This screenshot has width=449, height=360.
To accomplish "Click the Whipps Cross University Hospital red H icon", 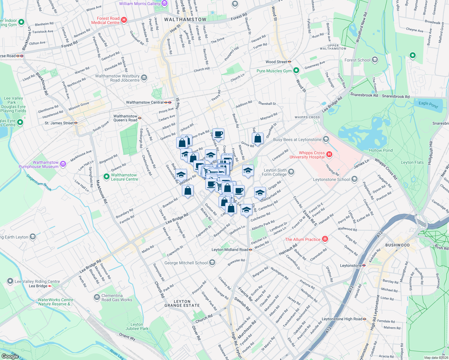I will [x=329, y=154].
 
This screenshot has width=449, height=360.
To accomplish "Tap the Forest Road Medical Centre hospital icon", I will [x=124, y=20].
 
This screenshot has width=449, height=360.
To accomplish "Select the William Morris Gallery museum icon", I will [x=164, y=4].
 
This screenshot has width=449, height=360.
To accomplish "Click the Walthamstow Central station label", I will [x=145, y=102].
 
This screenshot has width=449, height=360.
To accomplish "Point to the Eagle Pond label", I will [x=428, y=104].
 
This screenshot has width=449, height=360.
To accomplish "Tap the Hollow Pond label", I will [x=381, y=150].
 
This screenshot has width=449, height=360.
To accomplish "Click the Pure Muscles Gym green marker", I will [x=296, y=70].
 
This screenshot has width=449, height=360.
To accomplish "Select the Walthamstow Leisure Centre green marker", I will [x=106, y=176].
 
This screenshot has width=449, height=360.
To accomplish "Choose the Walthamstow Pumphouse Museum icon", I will [x=63, y=164].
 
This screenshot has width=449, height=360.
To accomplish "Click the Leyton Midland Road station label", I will [x=230, y=250].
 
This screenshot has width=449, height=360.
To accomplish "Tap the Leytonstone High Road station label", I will [x=342, y=319].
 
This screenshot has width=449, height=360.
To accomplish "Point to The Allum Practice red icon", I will [x=325, y=239].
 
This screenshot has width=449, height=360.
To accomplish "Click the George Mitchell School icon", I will [x=212, y=263].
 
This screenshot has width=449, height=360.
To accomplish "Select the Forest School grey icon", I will [x=375, y=60].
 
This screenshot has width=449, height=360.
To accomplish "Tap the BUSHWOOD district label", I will [x=397, y=245].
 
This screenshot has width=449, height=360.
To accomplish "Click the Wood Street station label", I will [x=276, y=62].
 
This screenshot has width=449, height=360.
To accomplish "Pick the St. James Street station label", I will [x=59, y=123].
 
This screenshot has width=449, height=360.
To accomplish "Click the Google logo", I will [x=10, y=356].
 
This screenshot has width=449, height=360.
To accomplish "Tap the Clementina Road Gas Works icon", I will [x=97, y=297].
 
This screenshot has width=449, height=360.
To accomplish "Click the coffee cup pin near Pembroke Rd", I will [x=218, y=134].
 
